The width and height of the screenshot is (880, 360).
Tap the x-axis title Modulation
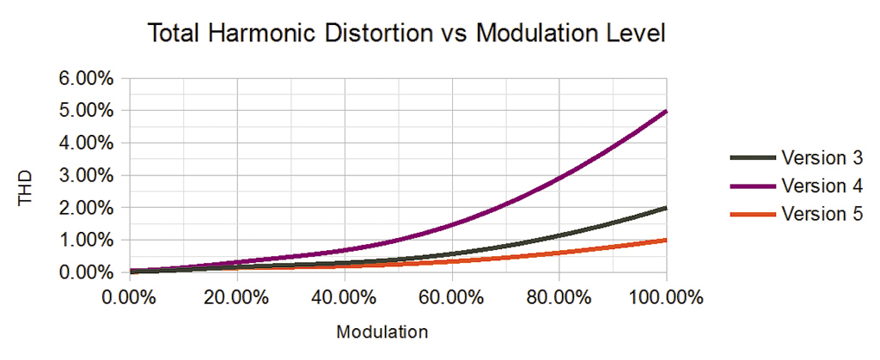coord(382,331)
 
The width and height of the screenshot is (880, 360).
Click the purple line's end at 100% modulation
coord(666,112)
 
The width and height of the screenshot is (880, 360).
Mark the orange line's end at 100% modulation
coord(666,240)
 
